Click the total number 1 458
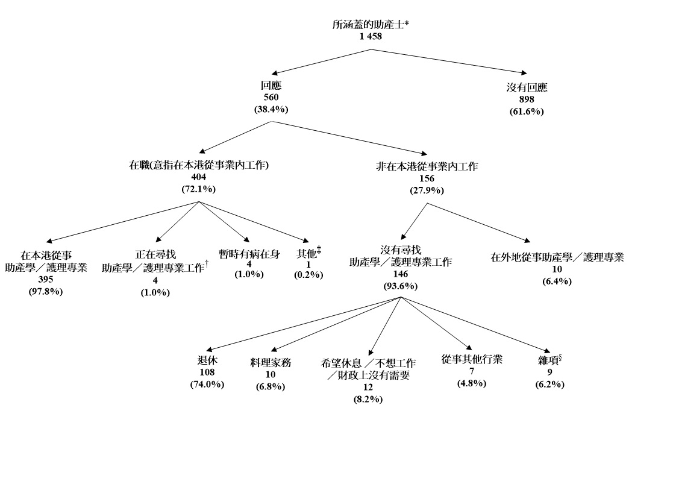[x=371, y=36]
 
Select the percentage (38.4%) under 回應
[x=271, y=110]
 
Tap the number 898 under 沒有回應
[x=527, y=99]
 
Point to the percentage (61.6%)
[x=527, y=112]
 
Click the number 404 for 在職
[x=199, y=177]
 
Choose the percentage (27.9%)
[x=427, y=190]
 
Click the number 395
[x=46, y=280]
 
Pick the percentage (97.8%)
[x=46, y=292]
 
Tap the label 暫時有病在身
[x=249, y=254]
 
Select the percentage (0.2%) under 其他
[x=308, y=275]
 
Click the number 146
[x=401, y=274]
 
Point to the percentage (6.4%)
[x=557, y=281]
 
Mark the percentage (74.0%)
[x=207, y=384]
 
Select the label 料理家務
[x=271, y=363]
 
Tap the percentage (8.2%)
[x=368, y=399]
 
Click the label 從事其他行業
[x=472, y=360]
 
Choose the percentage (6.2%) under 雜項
[x=549, y=385]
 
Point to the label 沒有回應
[x=527, y=88]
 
